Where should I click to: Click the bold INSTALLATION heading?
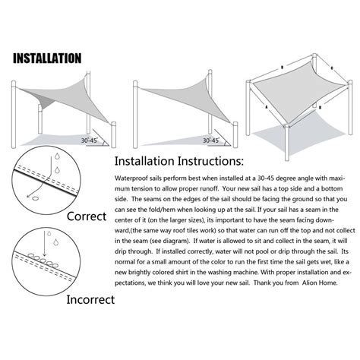click(x=47, y=58)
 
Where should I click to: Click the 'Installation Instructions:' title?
click(x=179, y=162)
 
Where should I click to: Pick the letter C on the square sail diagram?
click(x=332, y=68)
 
